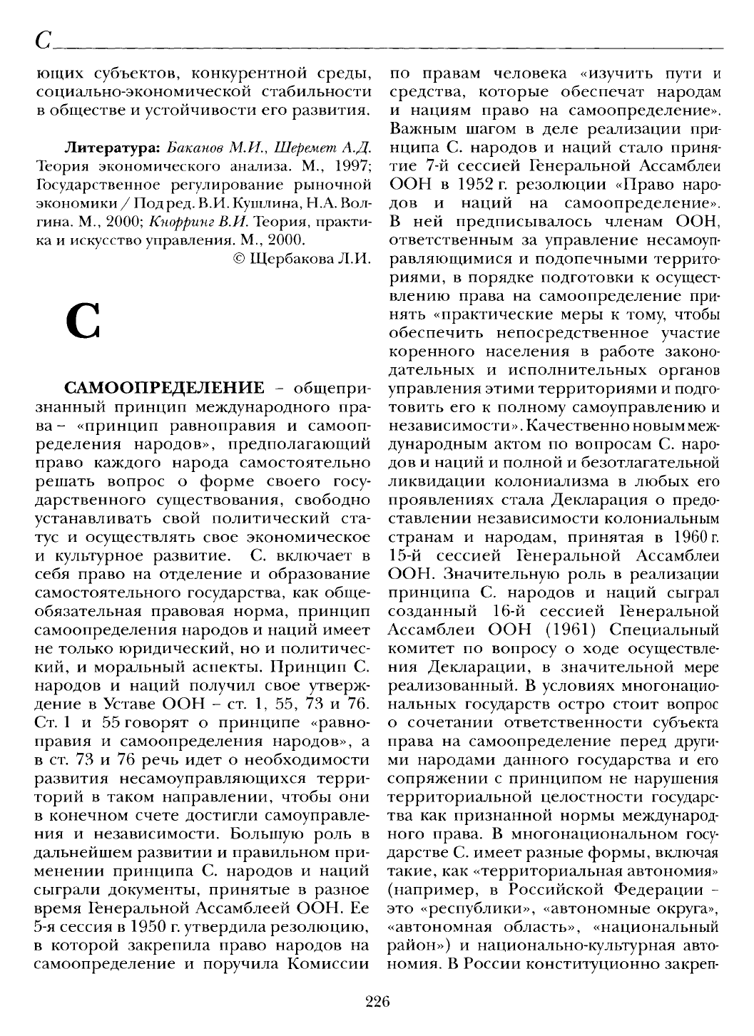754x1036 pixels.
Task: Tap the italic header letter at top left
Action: [40, 42]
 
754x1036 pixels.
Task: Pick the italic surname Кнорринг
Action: [168, 222]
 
